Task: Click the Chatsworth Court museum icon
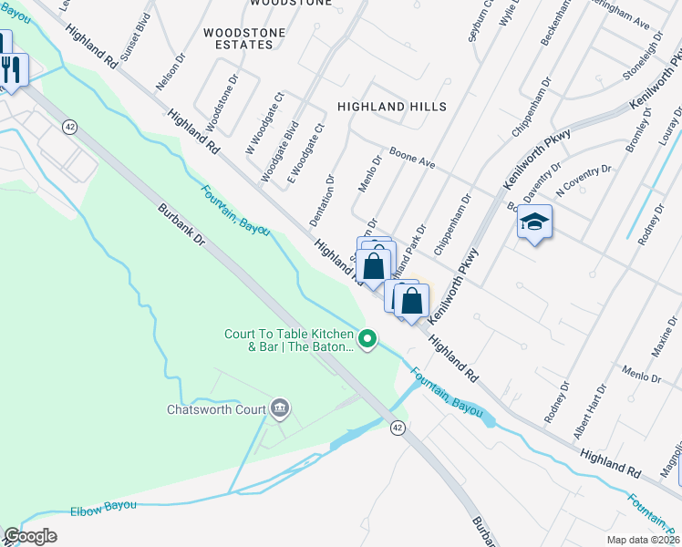tap(280, 408)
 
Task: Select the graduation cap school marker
tap(534, 222)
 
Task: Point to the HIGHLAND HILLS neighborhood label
tap(392, 107)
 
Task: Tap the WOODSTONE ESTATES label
tap(243, 39)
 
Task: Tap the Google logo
tap(30, 536)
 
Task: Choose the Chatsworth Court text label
tap(215, 409)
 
